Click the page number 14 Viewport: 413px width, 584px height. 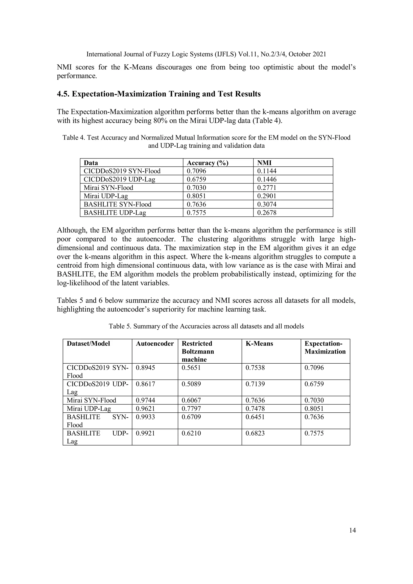coord(353,530)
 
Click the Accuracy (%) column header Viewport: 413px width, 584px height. coord(208,163)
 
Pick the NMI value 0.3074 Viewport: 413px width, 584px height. coord(267,204)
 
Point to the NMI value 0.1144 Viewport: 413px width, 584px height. coord(267,171)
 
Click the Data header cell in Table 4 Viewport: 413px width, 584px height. coord(91,163)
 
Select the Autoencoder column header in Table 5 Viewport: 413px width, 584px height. coord(155,344)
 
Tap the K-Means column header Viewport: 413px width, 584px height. coord(259,344)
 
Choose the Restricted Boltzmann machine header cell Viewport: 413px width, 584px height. coord(198,351)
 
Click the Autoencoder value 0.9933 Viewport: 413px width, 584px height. coord(145,417)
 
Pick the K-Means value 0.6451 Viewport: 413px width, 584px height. coord(255,417)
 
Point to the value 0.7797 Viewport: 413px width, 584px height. coord(191,409)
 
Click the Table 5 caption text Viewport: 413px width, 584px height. coord(206,326)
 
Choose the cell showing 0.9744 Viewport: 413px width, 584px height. coord(145,400)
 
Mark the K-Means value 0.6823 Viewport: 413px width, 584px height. coord(255,433)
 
